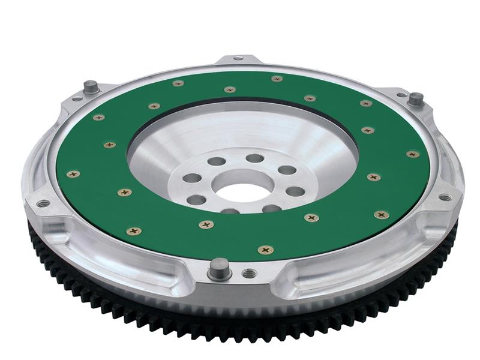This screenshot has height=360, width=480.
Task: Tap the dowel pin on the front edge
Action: point(220,268)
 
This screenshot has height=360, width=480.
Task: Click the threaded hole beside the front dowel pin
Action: point(248,274)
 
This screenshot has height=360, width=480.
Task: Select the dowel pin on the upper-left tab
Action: point(91,86)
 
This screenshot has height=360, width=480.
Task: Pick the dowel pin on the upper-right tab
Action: point(415,98)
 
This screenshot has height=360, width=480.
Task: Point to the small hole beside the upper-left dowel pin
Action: point(77,99)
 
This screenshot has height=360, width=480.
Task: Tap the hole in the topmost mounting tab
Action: point(238,58)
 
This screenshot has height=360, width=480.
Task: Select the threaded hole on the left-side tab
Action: point(43,203)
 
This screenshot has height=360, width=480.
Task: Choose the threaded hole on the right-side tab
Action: point(445,197)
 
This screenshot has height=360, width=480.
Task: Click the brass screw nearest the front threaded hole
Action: point(265,250)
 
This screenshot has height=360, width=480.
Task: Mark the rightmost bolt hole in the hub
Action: point(295,191)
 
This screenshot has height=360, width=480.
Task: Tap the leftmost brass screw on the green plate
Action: point(73,174)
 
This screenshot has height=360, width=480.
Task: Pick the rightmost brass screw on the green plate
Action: point(412,154)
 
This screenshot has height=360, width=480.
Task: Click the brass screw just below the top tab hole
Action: point(229,89)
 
